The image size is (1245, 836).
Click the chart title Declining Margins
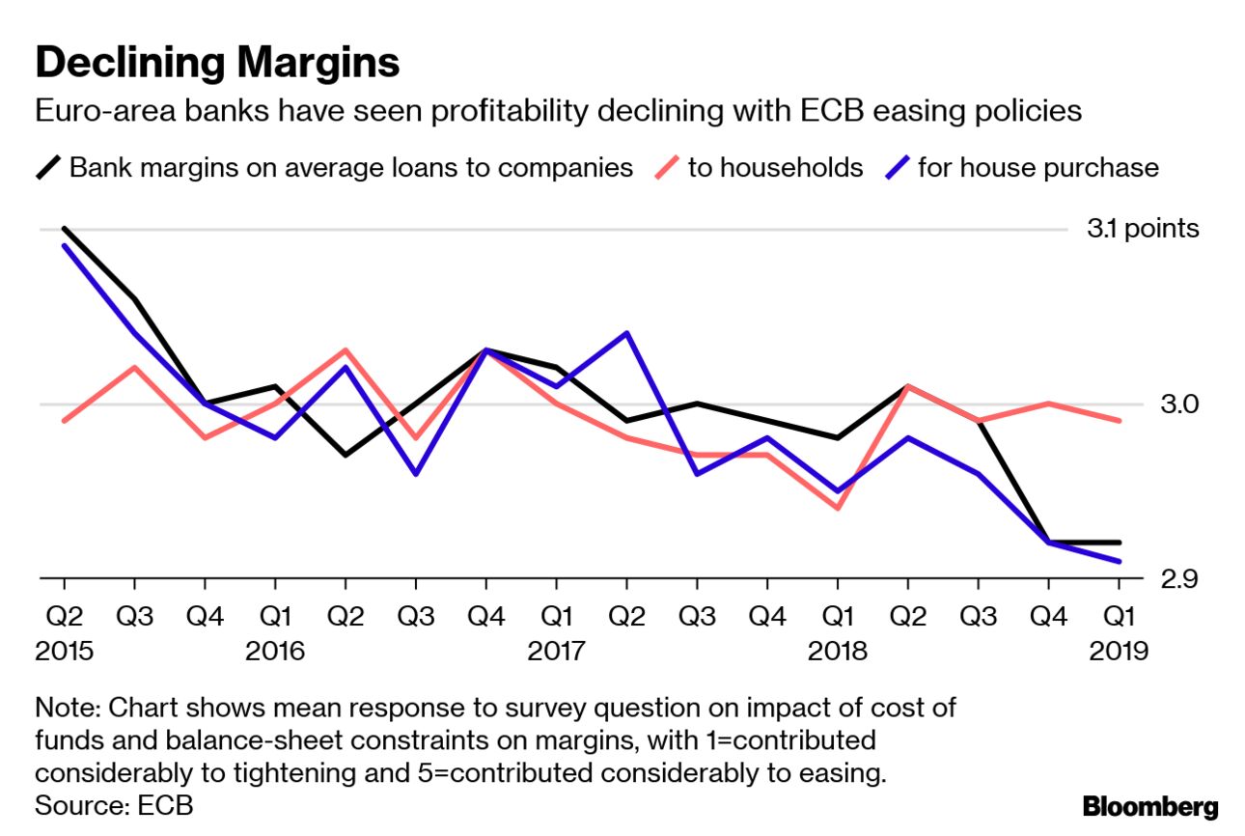pos(217,63)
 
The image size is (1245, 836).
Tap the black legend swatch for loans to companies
pos(49,167)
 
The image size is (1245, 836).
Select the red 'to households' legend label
pos(775,167)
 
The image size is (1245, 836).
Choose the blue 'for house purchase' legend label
pos(1037,167)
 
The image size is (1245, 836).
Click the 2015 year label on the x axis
pos(65,652)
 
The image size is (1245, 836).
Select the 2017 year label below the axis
pos(557,652)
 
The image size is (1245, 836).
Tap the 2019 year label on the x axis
pos(1119,652)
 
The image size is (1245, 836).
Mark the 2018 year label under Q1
pos(838,652)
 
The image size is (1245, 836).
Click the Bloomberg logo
pos(1150,806)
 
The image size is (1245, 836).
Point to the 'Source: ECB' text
pos(114,804)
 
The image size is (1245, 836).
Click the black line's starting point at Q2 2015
pos(65,229)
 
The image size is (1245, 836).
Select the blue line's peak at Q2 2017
pos(627,333)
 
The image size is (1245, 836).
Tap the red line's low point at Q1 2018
pos(838,508)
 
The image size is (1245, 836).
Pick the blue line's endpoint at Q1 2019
pos(1119,561)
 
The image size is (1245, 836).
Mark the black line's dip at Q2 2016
pos(346,455)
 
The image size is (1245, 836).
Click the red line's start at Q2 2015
pos(65,421)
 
